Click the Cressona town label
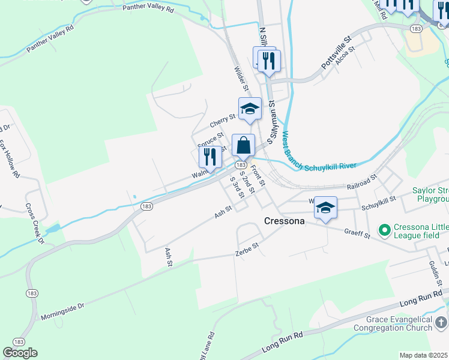click(x=285, y=221)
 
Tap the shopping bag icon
click(x=243, y=146)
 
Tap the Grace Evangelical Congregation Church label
click(x=393, y=324)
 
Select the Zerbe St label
click(x=247, y=247)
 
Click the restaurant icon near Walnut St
click(x=210, y=157)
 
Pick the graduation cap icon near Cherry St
click(x=250, y=109)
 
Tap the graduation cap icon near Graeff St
click(x=325, y=208)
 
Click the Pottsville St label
click(x=336, y=53)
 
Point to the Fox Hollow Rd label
click(x=10, y=159)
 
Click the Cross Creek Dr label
click(x=35, y=223)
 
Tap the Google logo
click(x=20, y=353)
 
